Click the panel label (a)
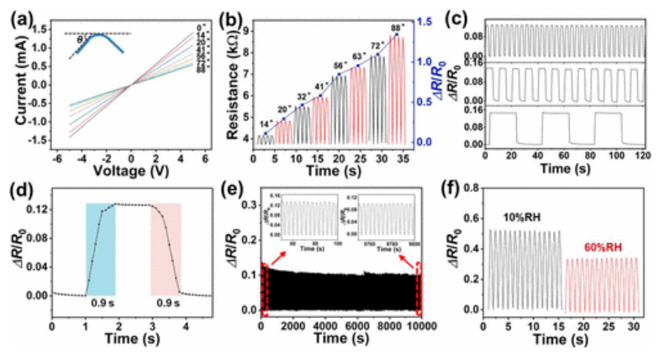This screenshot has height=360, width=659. click(x=18, y=15)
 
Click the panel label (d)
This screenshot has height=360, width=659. click(x=18, y=187)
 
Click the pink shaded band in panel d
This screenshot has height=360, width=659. click(x=166, y=248)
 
